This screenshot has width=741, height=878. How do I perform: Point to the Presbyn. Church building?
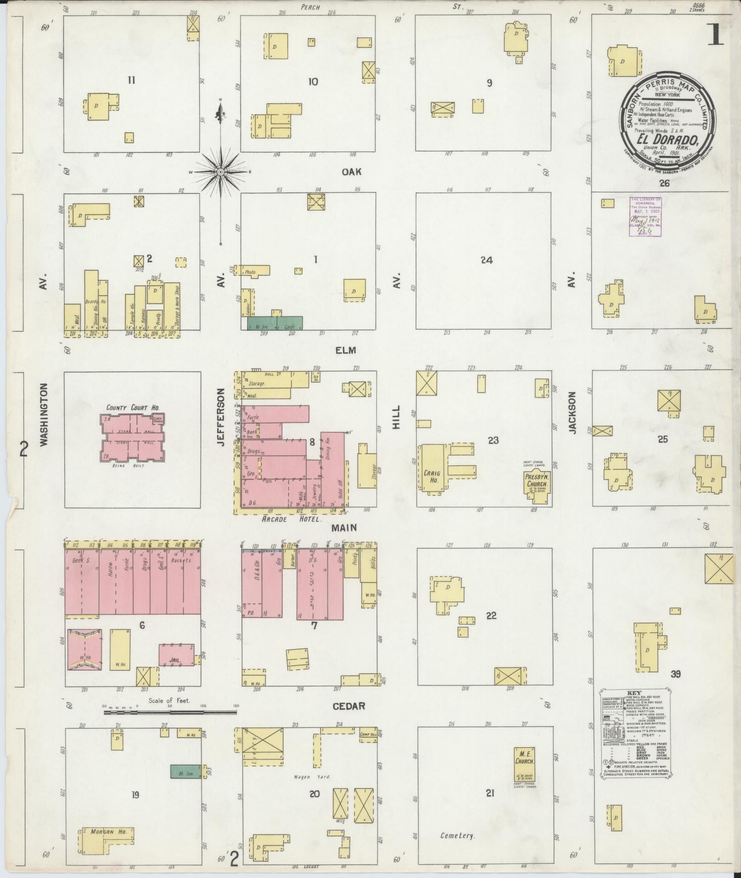[x=537, y=481]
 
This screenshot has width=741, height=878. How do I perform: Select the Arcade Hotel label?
[x=291, y=519]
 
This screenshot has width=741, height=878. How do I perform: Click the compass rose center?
[x=221, y=172]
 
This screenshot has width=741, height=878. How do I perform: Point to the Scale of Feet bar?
[x=170, y=712]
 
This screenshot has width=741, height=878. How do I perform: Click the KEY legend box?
[x=635, y=733]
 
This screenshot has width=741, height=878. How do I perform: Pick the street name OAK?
[x=351, y=172]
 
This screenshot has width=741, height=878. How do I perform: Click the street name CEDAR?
[x=349, y=705]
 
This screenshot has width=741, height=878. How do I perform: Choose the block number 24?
[x=486, y=260]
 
